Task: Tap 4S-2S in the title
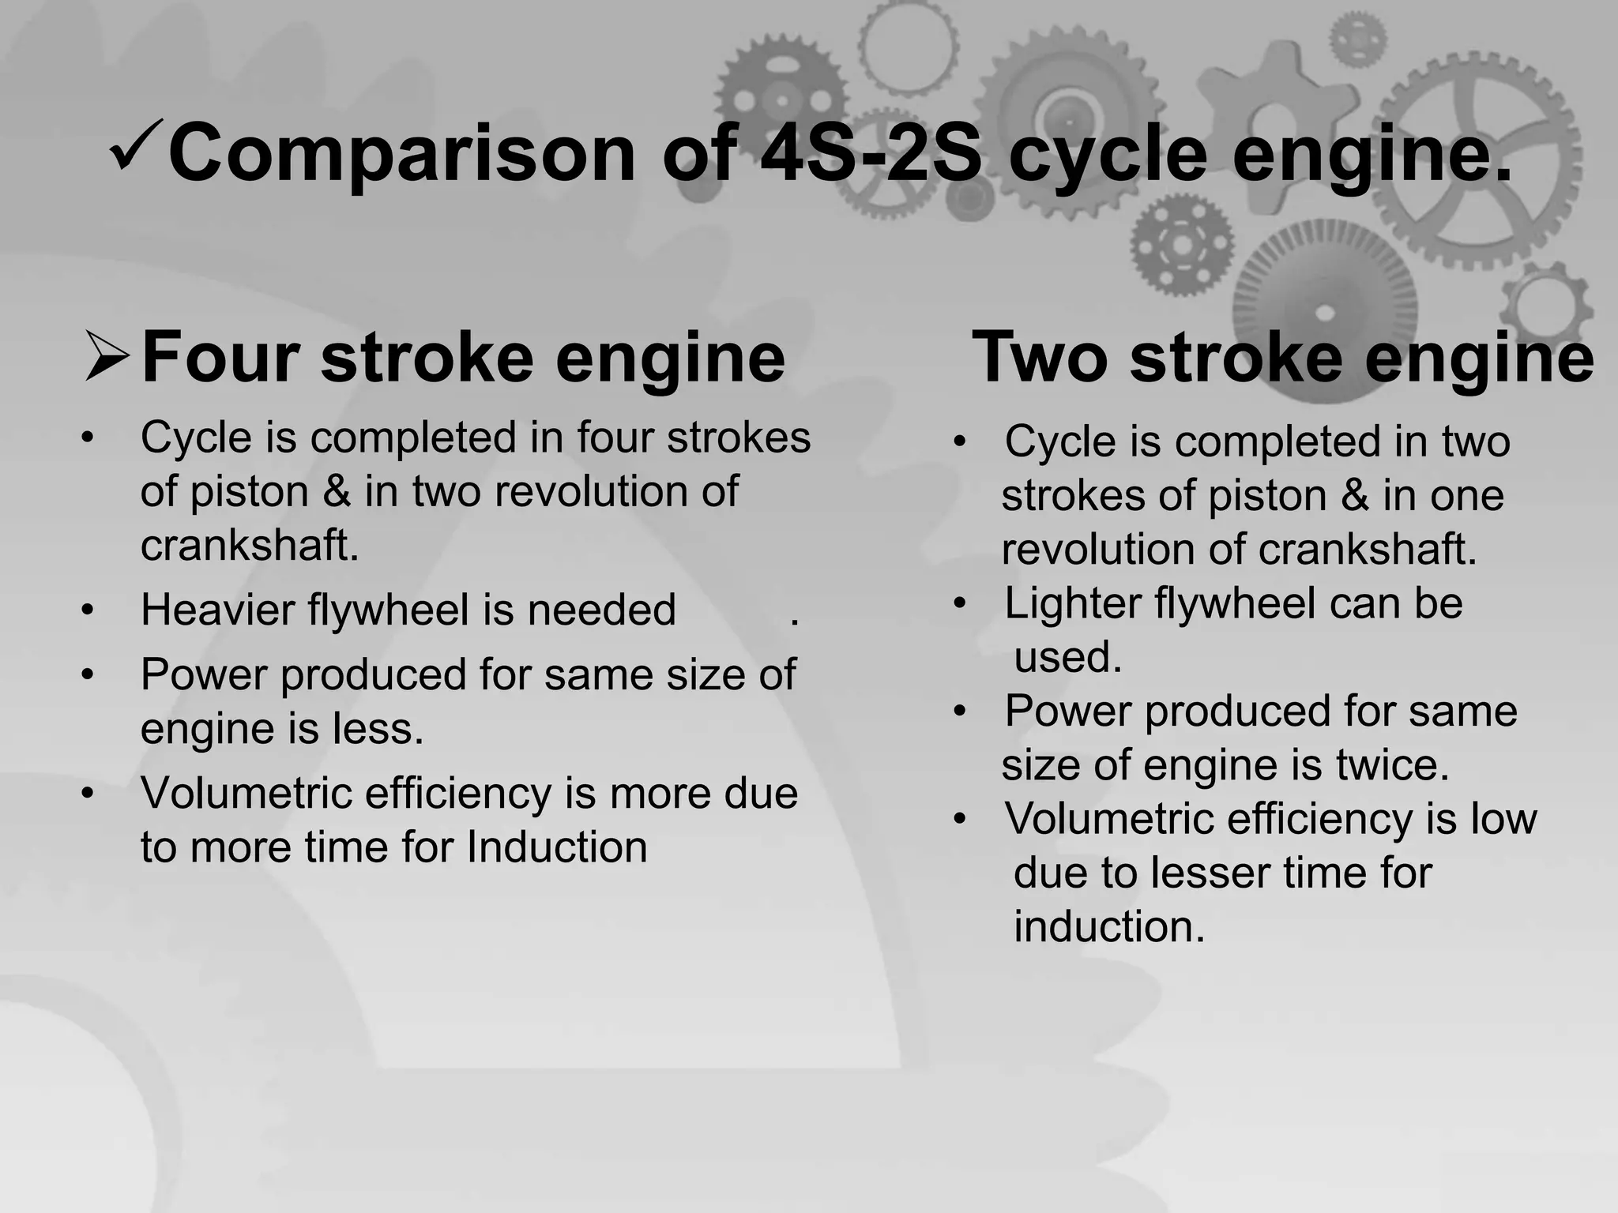click(x=870, y=153)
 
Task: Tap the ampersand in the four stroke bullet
click(x=337, y=492)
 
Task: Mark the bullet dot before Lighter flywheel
click(x=960, y=604)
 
